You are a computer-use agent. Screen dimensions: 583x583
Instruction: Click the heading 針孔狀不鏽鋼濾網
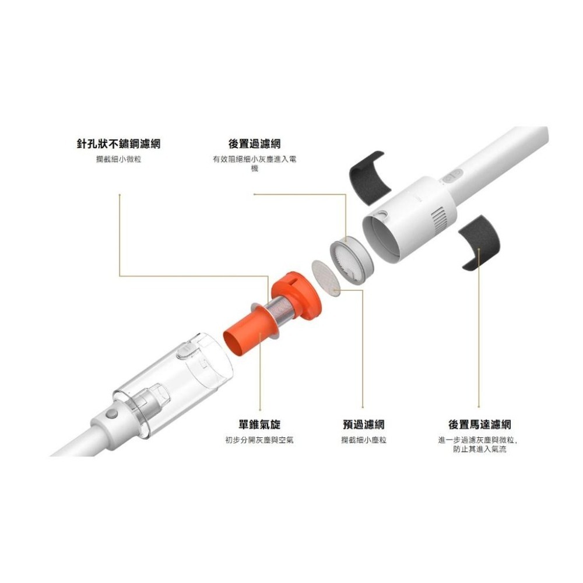pos(118,144)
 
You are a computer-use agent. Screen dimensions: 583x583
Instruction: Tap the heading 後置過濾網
pos(254,144)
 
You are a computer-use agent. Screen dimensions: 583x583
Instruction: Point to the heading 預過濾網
pos(363,425)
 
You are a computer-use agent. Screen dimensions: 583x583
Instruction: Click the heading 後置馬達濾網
pos(479,425)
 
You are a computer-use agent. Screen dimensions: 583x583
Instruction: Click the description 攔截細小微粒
pos(118,159)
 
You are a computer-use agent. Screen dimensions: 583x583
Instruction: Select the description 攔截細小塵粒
pos(363,440)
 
